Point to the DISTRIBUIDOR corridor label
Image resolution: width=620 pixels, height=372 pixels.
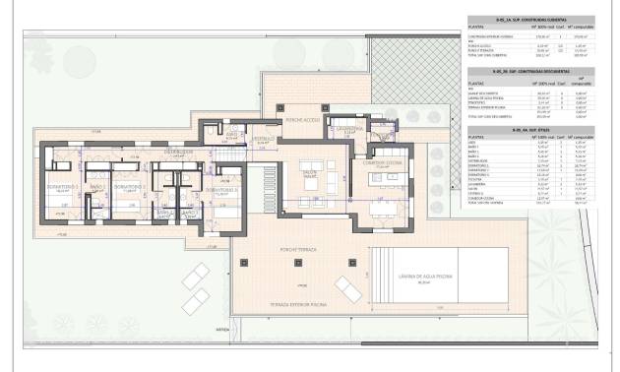point(178,153)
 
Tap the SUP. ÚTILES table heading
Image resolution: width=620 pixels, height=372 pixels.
point(522,129)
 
